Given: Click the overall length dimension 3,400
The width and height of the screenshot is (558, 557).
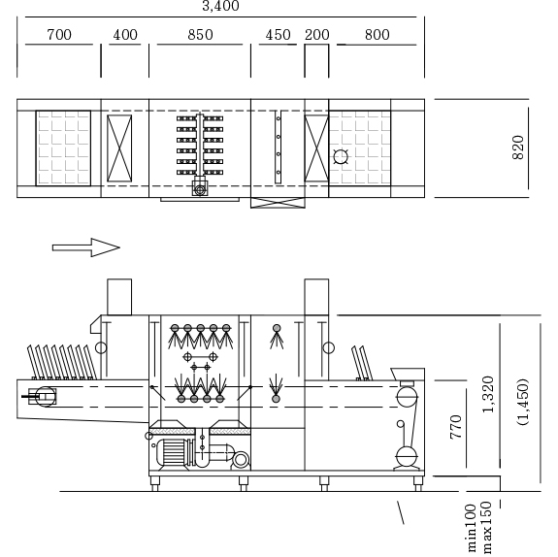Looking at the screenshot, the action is coord(220,6).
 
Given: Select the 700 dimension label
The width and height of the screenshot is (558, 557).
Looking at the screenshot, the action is coord(59,35).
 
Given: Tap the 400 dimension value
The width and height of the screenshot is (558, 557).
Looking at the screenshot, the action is coord(125,35).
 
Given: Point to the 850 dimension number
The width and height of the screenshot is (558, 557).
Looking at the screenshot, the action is coord(200,35).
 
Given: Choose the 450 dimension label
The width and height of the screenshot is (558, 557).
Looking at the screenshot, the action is coord(278,35).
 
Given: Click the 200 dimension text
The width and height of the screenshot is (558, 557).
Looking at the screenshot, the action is coord(317,35).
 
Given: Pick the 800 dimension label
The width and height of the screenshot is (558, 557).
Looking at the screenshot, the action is coord(377,35).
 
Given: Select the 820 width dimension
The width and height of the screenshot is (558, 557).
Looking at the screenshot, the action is coord(518,147).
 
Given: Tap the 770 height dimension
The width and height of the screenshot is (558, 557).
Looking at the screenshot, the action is coord(456,427).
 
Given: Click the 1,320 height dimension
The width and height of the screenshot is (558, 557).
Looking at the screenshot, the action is coord(488,394).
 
